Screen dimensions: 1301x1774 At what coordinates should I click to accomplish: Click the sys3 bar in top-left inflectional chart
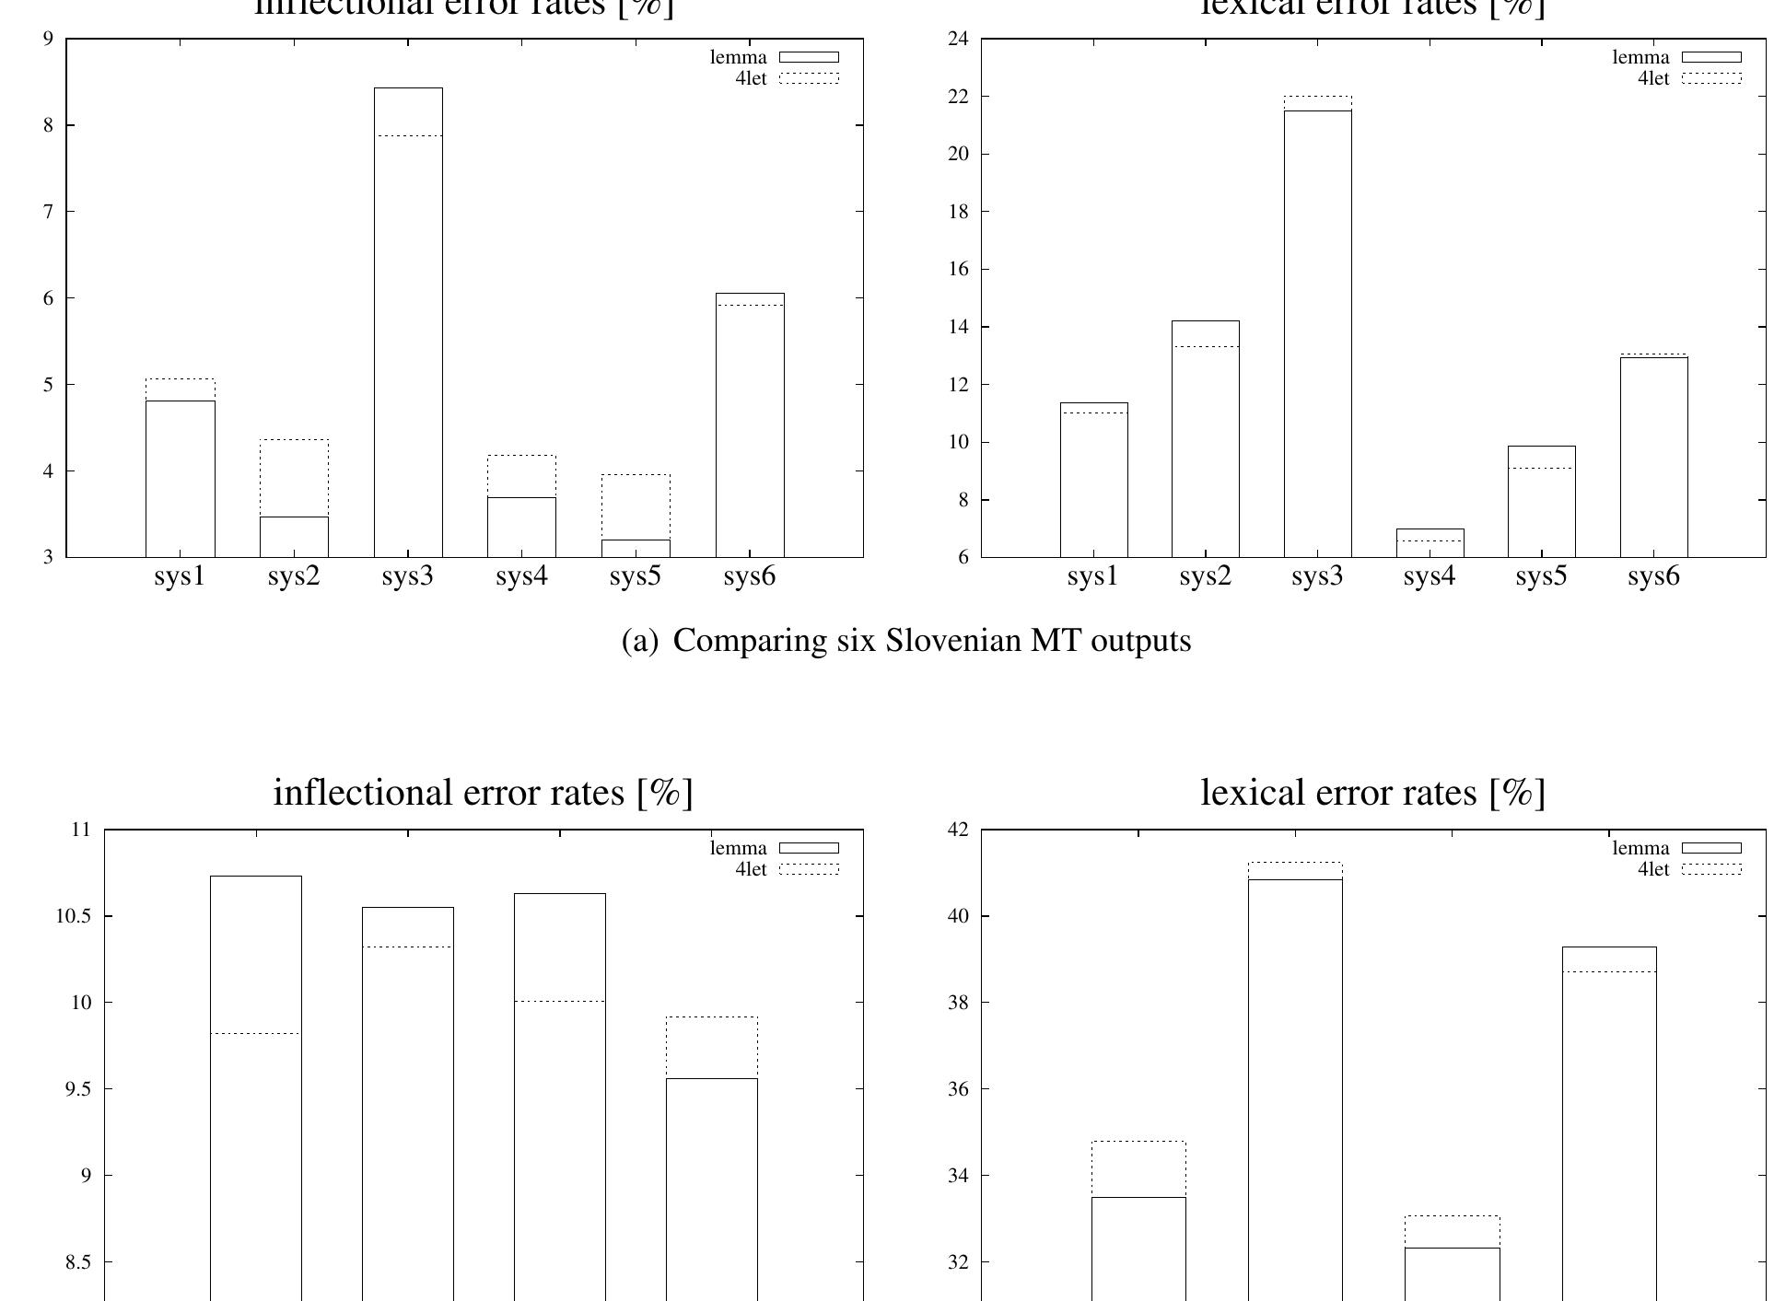408,322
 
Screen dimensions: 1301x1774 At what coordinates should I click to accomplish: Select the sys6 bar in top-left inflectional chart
750,424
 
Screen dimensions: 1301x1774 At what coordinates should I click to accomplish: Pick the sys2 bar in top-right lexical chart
1206,438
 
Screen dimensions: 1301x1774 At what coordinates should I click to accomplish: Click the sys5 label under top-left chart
636,577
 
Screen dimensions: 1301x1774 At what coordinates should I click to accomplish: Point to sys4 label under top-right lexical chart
1430,577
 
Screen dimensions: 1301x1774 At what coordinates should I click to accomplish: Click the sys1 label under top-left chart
180,577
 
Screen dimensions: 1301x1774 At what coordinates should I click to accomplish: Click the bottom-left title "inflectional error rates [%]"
483,793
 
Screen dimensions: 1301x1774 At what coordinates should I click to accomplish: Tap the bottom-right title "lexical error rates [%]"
1372,793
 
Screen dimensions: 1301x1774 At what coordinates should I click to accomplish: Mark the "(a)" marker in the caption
641,641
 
